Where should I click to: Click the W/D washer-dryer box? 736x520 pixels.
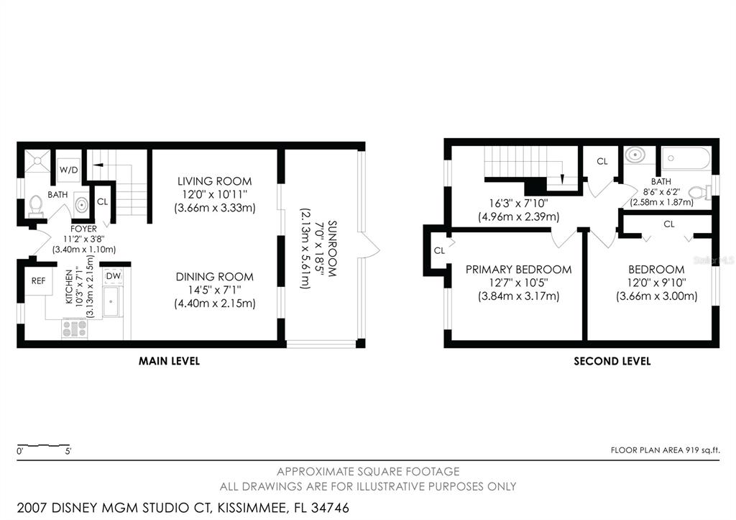point(69,170)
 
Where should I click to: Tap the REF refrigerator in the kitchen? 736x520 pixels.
point(39,281)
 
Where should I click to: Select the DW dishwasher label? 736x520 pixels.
point(113,276)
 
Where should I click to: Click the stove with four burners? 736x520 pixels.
point(75,328)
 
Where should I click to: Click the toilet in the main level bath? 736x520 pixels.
point(36,206)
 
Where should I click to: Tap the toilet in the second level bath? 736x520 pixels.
point(699,193)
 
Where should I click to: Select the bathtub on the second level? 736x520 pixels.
point(686,158)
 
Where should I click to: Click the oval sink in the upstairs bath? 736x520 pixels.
point(635,155)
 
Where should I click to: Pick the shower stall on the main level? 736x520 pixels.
point(37,161)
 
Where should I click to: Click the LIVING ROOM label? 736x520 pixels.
point(214,181)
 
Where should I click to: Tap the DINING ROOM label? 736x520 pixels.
point(214,277)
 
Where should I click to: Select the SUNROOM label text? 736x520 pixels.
point(332,248)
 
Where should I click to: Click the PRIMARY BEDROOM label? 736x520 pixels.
point(518,270)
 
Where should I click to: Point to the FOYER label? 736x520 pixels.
point(83,229)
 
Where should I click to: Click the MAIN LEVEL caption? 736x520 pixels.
point(169,361)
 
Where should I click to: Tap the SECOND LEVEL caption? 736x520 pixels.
point(612,361)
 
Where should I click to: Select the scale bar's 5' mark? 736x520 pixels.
point(68,452)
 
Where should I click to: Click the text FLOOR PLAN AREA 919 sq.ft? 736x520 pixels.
point(665,450)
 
